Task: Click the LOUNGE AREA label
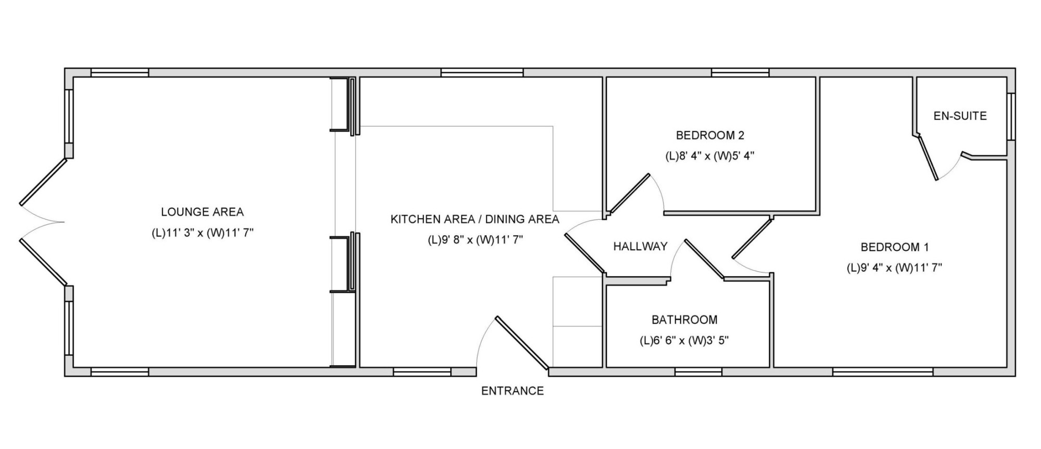coord(202,212)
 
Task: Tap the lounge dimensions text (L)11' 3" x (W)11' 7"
coord(202,233)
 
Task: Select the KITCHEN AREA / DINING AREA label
coord(475,219)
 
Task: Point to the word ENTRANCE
coord(512,391)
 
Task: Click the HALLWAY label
coord(640,247)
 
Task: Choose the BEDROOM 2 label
coord(710,135)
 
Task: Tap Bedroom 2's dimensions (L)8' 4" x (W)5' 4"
coord(710,156)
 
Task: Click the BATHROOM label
coord(684,319)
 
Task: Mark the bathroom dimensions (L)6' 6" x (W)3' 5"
coord(684,341)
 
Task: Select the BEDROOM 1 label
coord(895,247)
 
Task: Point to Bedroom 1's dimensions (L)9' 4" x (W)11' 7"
coord(894,268)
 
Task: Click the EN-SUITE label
coord(960,116)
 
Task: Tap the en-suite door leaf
coord(929,158)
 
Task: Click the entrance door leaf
coord(522,343)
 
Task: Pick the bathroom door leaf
coord(704,259)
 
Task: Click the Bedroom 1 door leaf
coord(752,238)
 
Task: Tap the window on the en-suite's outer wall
coord(1010,117)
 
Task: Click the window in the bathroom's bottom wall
coord(699,371)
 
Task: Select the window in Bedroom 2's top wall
coord(740,73)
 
